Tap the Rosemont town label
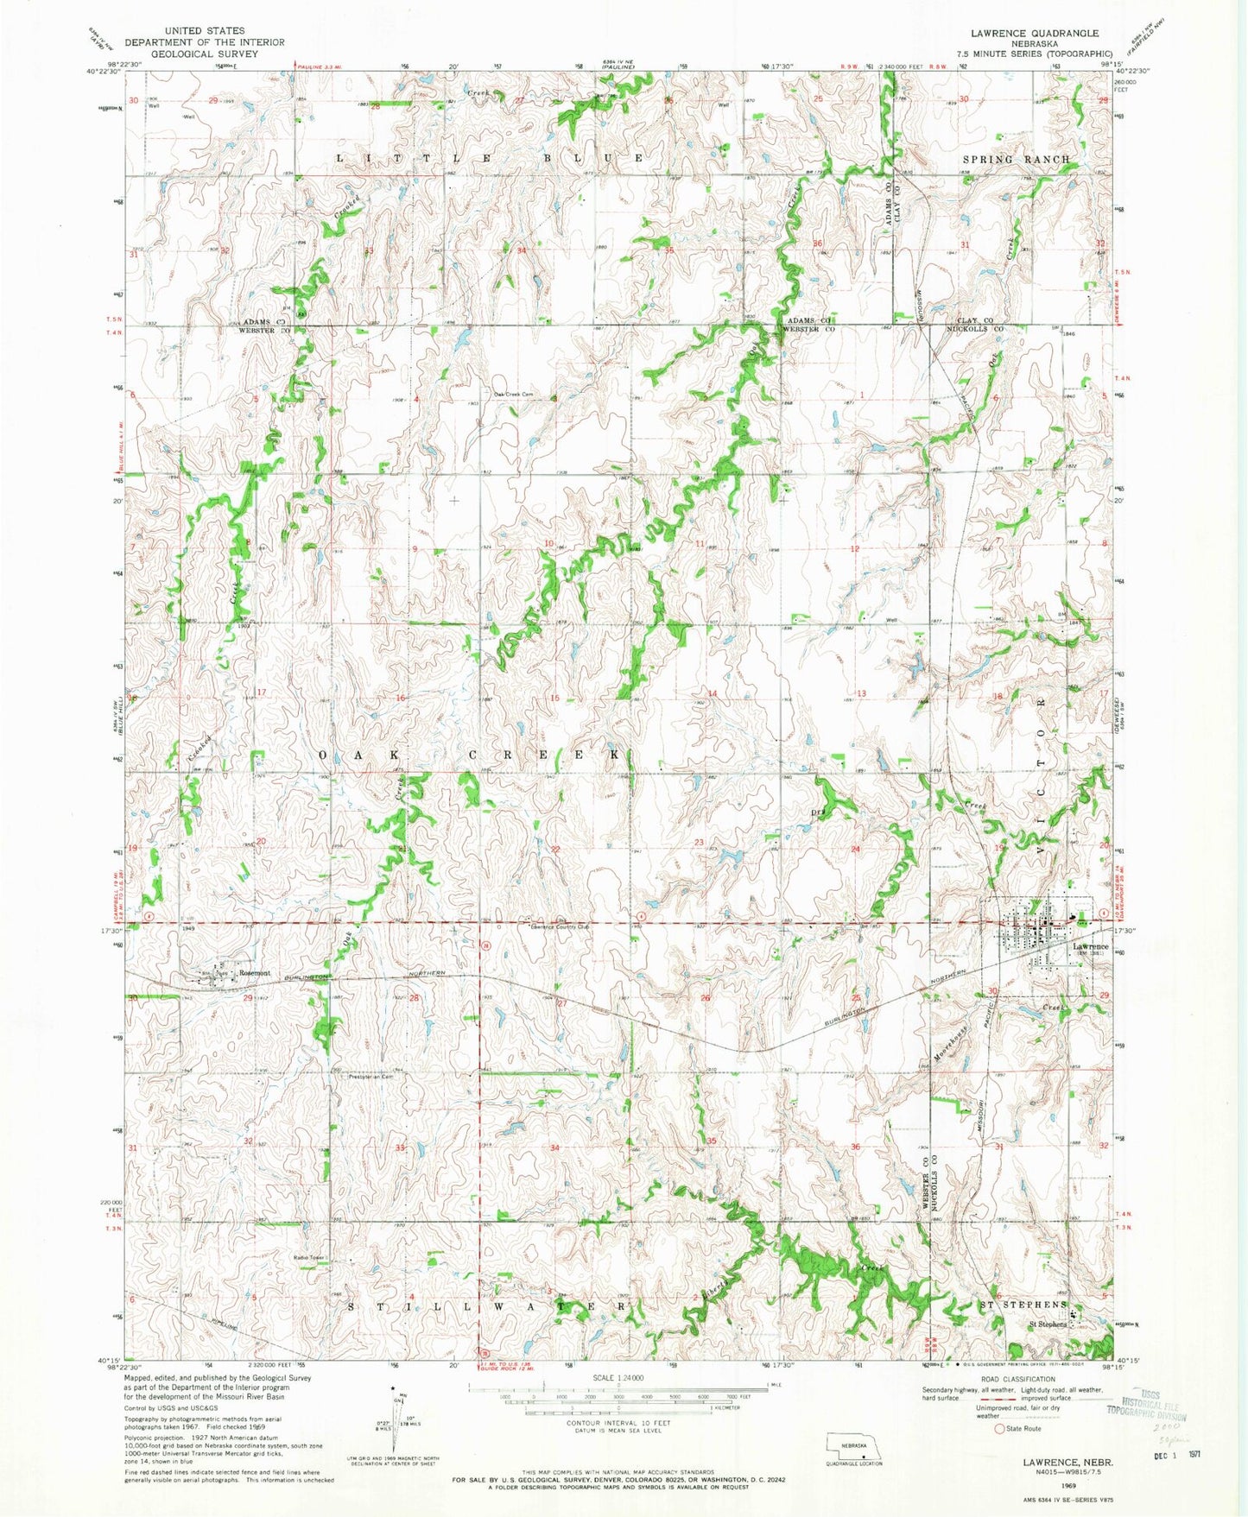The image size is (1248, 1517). pyautogui.click(x=255, y=973)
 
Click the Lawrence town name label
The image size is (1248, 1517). pyautogui.click(x=1090, y=947)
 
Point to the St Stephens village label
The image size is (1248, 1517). pyautogui.click(x=1046, y=1324)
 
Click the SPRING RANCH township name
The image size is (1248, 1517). pyautogui.click(x=1016, y=160)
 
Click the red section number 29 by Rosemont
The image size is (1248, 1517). pyautogui.click(x=248, y=998)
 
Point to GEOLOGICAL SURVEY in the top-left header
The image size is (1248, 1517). pyautogui.click(x=184, y=54)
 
